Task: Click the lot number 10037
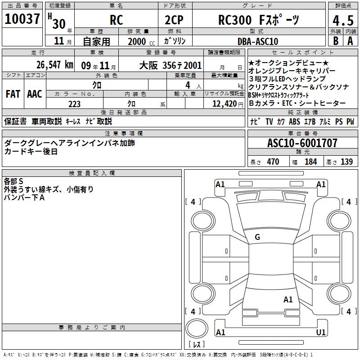(22, 19)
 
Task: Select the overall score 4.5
(343, 20)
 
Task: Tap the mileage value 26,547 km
(55, 65)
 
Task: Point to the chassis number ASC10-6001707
(302, 143)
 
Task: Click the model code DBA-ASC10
(258, 41)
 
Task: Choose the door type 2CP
(174, 20)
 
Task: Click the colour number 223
(74, 104)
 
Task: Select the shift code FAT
(13, 94)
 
